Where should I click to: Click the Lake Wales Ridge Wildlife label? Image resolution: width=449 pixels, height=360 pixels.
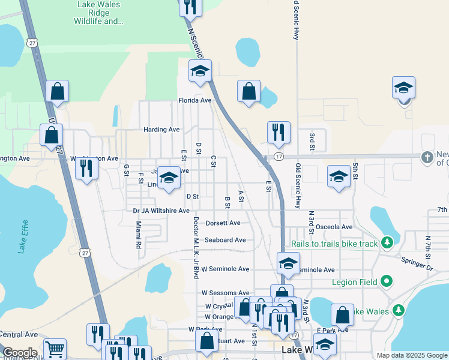(x=99, y=13)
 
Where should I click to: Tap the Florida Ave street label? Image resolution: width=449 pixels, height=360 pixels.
(x=194, y=101)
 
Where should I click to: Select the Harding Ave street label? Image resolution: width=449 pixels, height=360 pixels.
(x=161, y=130)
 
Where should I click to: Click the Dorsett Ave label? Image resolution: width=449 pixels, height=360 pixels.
(x=223, y=223)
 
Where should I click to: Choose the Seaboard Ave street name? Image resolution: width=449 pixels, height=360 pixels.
(x=225, y=240)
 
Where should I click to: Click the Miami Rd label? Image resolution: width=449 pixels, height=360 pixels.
(x=138, y=235)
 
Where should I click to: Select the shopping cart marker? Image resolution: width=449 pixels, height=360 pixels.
(x=55, y=349)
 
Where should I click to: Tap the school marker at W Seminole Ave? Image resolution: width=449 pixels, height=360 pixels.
(x=288, y=264)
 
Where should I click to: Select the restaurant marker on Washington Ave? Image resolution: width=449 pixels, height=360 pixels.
(x=87, y=168)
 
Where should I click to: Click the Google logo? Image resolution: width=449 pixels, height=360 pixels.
(x=19, y=353)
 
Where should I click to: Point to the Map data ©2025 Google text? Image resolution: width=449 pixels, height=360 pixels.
(x=412, y=355)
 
